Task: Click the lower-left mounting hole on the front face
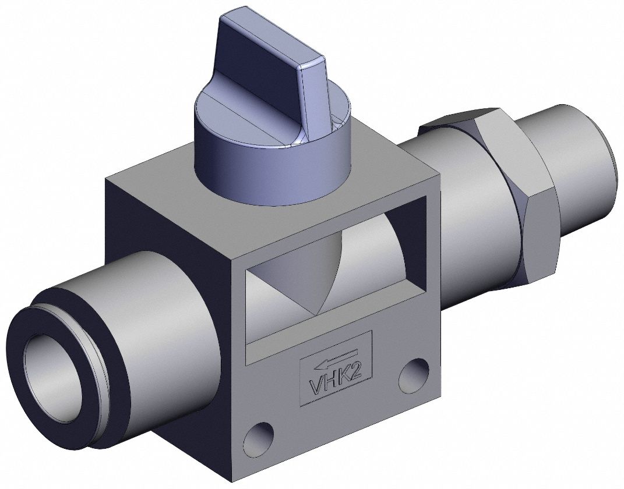tap(258, 438)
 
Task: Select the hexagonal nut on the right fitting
tap(513, 192)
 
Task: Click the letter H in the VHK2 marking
tap(331, 381)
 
